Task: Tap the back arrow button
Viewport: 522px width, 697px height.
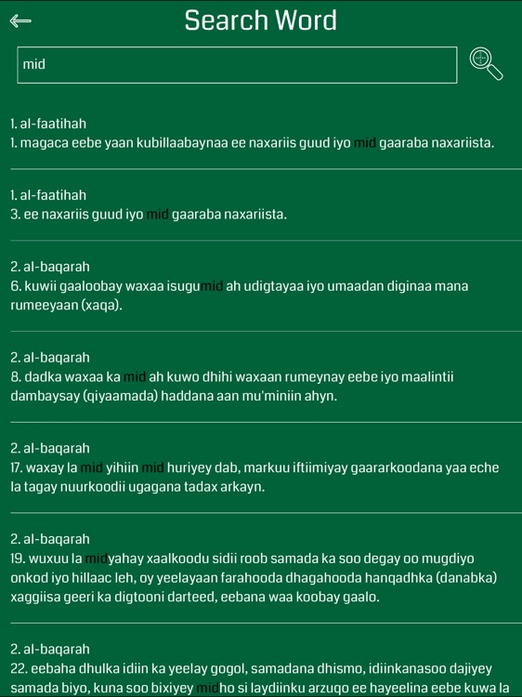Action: click(20, 20)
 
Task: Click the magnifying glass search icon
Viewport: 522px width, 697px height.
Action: click(486, 63)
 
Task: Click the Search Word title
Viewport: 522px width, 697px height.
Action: click(260, 20)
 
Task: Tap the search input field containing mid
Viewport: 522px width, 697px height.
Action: click(237, 64)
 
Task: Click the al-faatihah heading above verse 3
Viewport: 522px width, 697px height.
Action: click(48, 195)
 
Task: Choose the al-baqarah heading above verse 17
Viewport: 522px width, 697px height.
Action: click(50, 448)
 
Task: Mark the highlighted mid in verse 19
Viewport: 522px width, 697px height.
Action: click(97, 559)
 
